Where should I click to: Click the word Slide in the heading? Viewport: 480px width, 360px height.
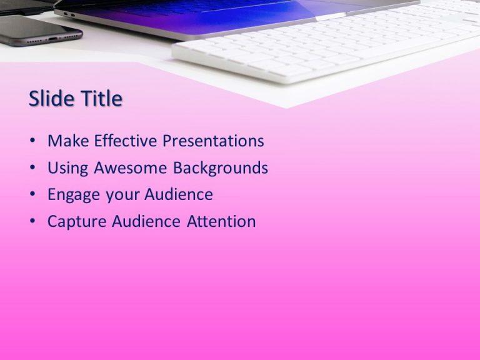coord(49,99)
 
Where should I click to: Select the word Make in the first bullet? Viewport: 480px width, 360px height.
coord(68,141)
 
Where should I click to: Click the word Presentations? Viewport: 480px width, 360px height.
coord(213,141)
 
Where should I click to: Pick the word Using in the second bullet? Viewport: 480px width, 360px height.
coord(68,168)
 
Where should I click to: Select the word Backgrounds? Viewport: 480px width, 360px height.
coord(221,169)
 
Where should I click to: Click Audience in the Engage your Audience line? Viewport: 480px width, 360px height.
coord(179,195)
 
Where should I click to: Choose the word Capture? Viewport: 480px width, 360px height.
coord(77,222)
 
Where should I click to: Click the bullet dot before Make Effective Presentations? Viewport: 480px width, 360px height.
coord(32,142)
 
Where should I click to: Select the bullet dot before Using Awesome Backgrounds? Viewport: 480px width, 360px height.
coord(32,169)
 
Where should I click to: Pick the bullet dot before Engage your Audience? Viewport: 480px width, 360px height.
coord(32,196)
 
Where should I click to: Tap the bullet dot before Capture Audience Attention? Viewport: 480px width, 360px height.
coord(32,222)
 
